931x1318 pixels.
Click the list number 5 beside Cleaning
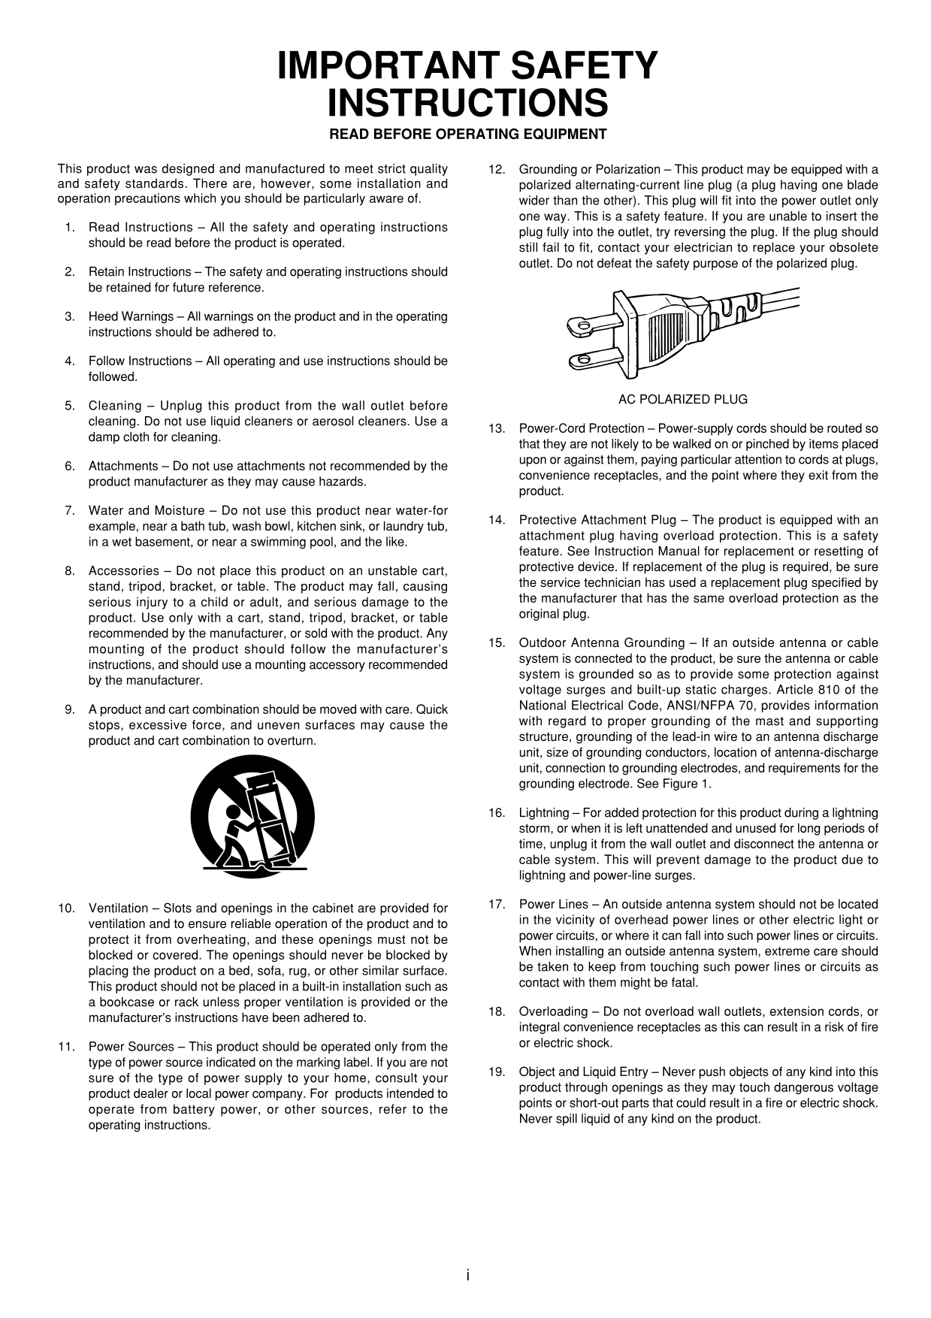click(x=70, y=406)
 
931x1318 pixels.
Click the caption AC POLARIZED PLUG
click(x=682, y=399)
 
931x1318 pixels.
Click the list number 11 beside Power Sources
click(x=66, y=1047)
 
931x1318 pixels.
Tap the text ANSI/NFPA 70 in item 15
click(x=695, y=706)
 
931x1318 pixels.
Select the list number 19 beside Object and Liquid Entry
click(x=497, y=1072)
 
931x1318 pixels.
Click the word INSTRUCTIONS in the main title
click(x=467, y=104)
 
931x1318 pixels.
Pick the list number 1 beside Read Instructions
click(x=70, y=227)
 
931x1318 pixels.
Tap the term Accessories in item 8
click(x=124, y=570)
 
